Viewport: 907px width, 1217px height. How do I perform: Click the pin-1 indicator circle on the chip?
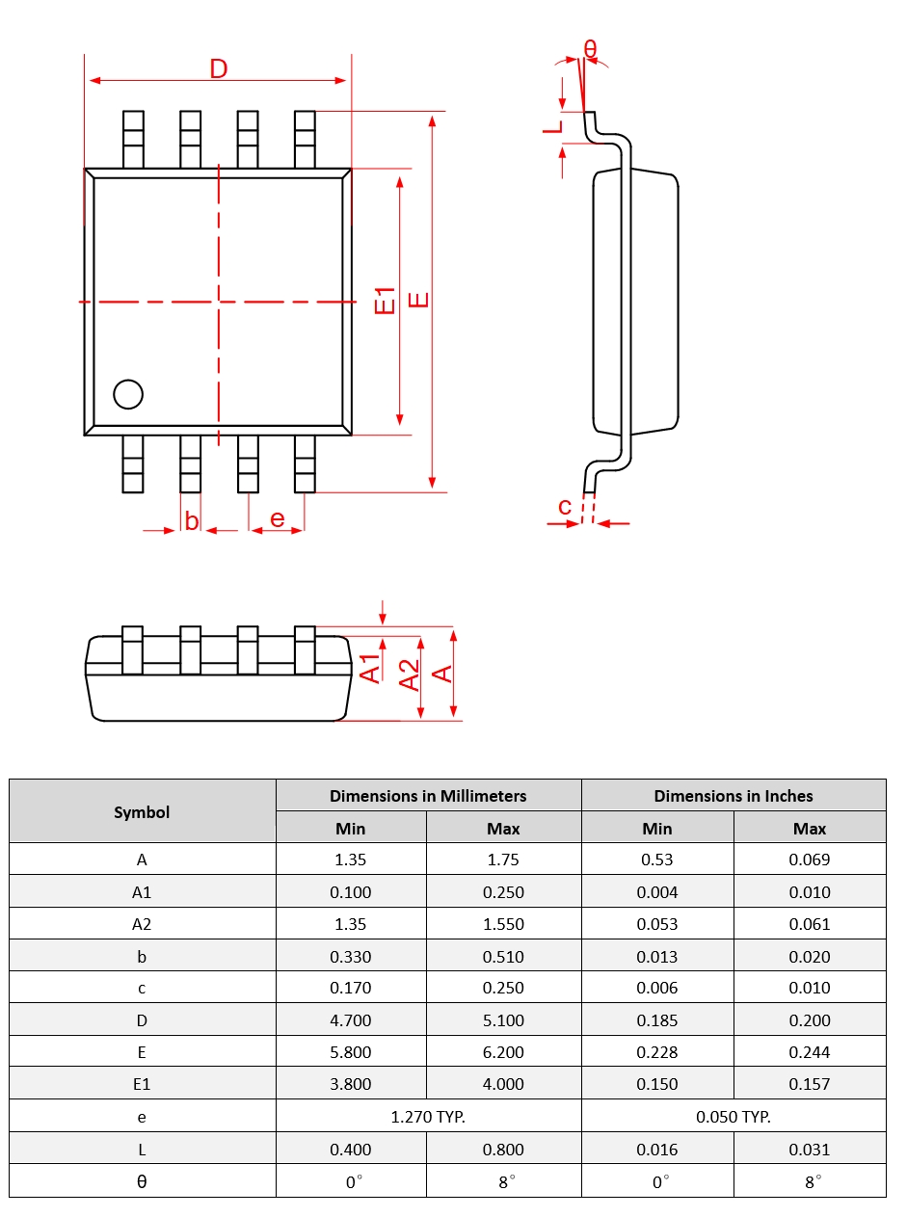pos(127,394)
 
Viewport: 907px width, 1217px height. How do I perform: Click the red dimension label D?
pos(219,69)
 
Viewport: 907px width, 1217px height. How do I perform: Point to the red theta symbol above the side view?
pos(590,48)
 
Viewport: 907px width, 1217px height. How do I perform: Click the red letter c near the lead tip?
pos(565,507)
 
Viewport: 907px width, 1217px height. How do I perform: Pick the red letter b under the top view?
pos(191,520)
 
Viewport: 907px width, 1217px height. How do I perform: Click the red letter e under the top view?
pos(278,519)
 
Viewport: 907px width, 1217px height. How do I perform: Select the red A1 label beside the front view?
pos(371,668)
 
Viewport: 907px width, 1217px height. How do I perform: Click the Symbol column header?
pos(142,812)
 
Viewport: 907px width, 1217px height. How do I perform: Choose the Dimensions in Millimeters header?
pos(428,796)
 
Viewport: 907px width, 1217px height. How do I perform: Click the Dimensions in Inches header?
pos(733,796)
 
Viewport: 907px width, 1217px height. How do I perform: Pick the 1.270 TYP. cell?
pos(428,1117)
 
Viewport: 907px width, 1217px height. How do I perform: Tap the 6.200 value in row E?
pos(503,1052)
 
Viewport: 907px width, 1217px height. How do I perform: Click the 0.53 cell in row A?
pos(656,860)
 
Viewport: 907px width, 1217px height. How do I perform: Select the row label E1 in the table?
pos(142,1084)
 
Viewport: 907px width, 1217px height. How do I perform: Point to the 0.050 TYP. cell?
pos(733,1117)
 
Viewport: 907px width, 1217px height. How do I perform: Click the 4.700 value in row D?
pos(350,1020)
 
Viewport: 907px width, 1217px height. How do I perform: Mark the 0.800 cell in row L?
pos(503,1149)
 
